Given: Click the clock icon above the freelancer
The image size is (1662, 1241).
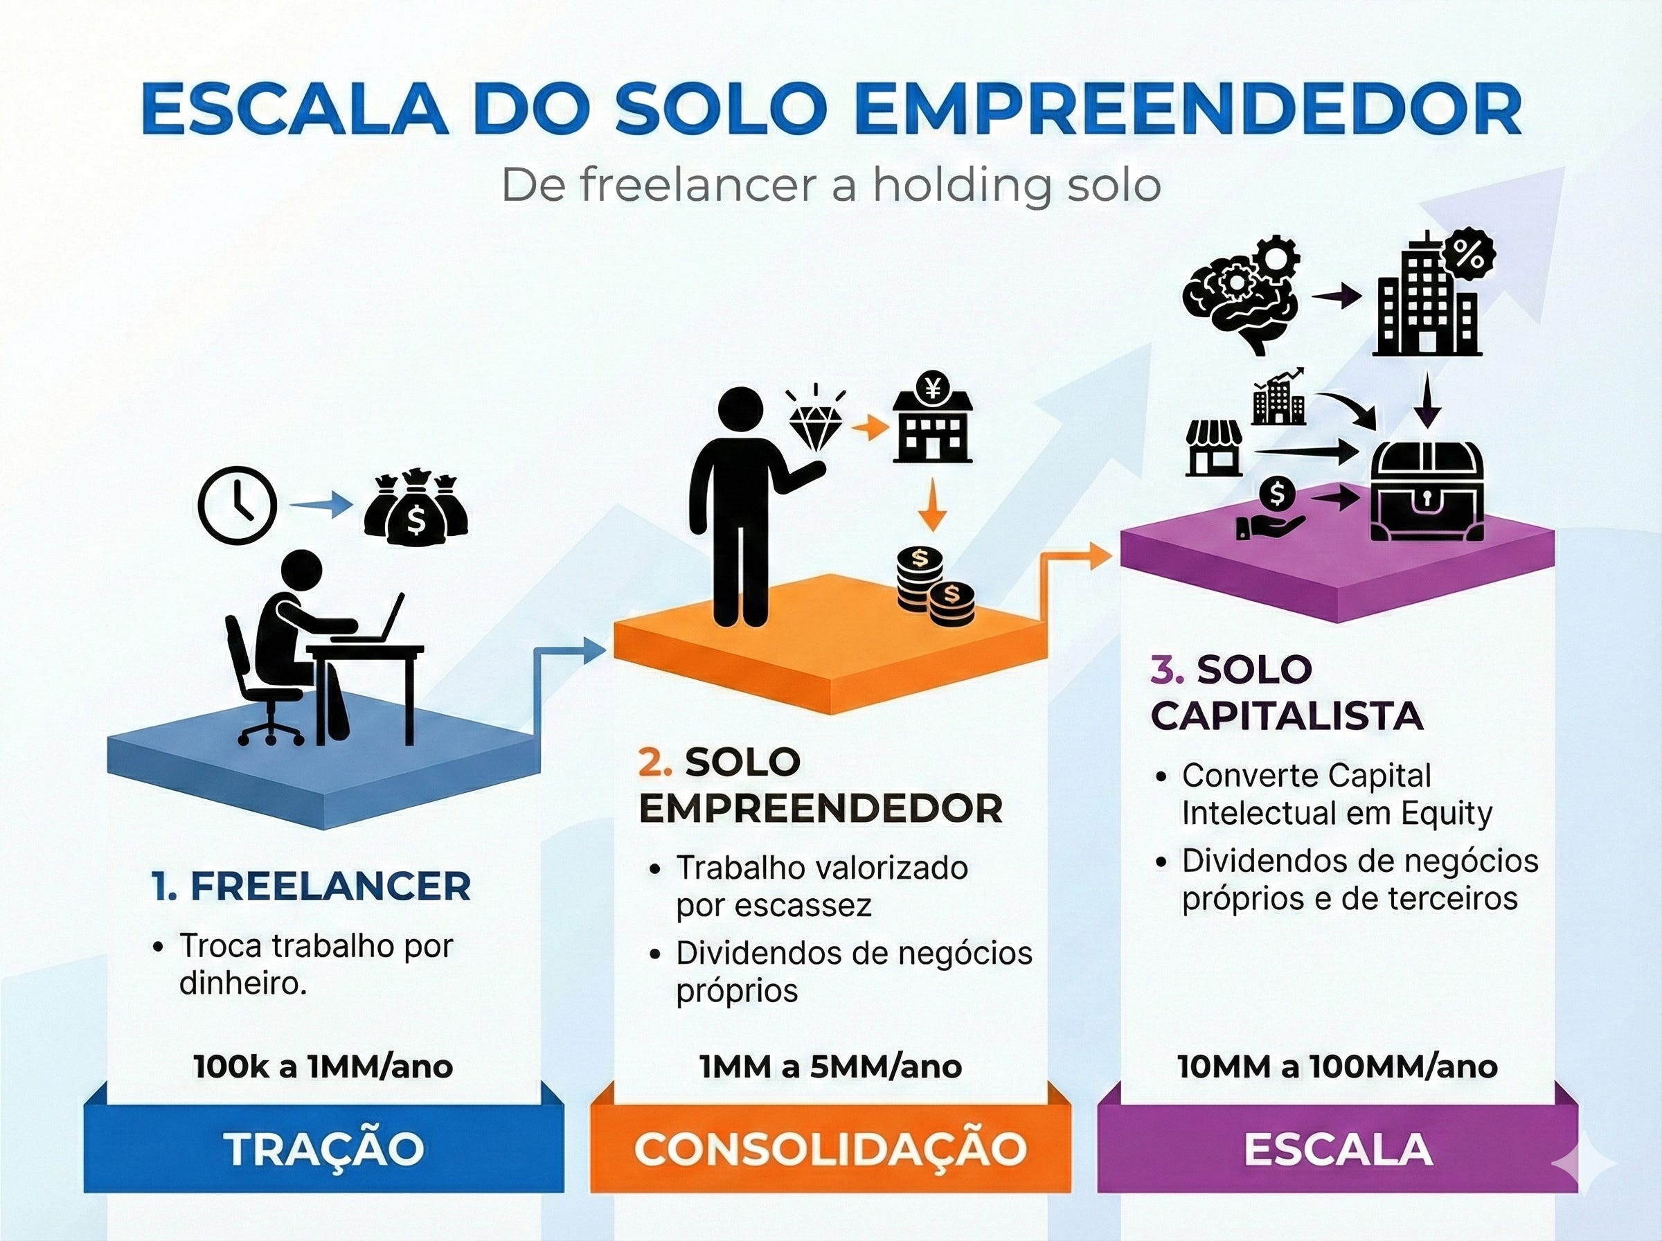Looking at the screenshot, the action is (x=238, y=505).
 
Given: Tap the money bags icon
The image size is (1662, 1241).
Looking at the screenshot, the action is (x=416, y=507).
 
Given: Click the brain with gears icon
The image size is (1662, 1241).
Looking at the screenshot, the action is (x=1238, y=296).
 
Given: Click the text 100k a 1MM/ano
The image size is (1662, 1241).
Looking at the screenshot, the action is (x=323, y=1066).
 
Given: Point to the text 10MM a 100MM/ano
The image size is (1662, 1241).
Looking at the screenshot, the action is (x=1337, y=1066).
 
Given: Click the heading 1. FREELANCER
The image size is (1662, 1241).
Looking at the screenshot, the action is (x=311, y=886).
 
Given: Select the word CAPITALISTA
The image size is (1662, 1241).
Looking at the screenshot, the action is (x=1287, y=716).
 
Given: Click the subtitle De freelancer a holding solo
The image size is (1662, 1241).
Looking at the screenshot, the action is (x=830, y=185).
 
